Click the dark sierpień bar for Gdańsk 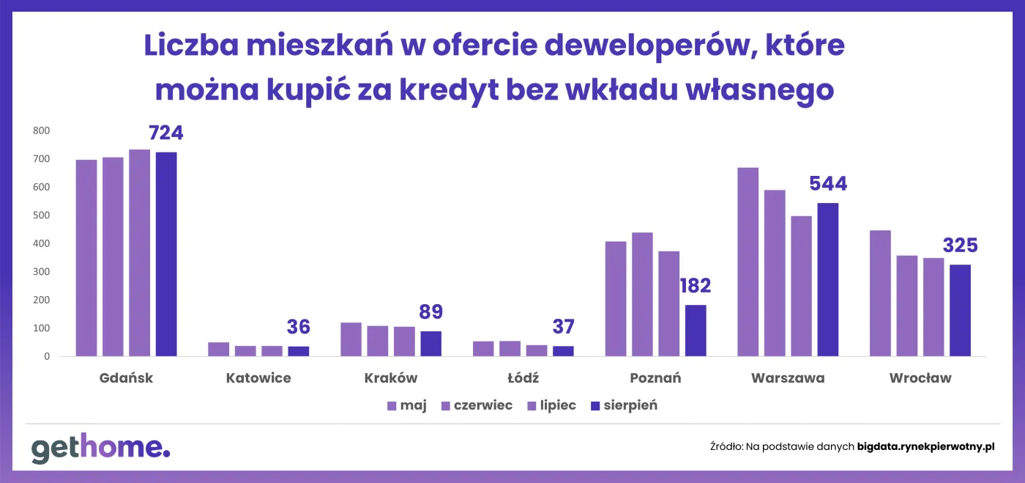pos(166,254)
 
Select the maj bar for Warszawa pos(748,262)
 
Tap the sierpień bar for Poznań pos(696,331)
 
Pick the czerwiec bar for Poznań pos(642,295)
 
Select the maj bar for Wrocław pos(880,293)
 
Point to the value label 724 pos(166,133)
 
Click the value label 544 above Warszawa pos(828,184)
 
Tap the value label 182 pos(695,286)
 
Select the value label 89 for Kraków pos(430,312)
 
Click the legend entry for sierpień pos(624,405)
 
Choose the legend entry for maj pos(407,405)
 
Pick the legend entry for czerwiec pos(476,405)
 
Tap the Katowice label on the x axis pos(258,378)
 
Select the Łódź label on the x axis pos(523,378)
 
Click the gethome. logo pos(100,448)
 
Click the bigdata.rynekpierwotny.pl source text pos(926,446)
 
